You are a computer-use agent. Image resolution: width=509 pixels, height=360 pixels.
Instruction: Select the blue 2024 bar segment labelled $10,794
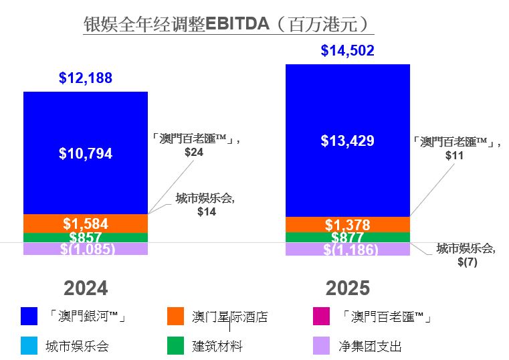click(85, 153)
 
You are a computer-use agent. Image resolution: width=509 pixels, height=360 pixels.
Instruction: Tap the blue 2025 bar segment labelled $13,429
click(347, 141)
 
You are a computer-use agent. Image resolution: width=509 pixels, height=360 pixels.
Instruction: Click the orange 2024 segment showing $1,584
click(85, 223)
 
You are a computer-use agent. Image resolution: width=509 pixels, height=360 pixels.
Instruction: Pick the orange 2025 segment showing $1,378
click(347, 225)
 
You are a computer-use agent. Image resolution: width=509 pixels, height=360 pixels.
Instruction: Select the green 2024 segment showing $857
click(85, 238)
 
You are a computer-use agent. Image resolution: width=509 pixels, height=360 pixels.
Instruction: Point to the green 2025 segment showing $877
click(347, 238)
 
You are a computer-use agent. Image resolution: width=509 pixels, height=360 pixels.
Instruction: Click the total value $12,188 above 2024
click(85, 78)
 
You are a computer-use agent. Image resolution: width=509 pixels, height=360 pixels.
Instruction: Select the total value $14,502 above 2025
click(347, 50)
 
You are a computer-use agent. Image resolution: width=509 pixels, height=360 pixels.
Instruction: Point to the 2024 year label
click(85, 288)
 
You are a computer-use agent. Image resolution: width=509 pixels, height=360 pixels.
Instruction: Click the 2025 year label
click(347, 288)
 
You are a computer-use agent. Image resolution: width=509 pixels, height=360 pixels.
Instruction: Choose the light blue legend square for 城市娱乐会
click(29, 346)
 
